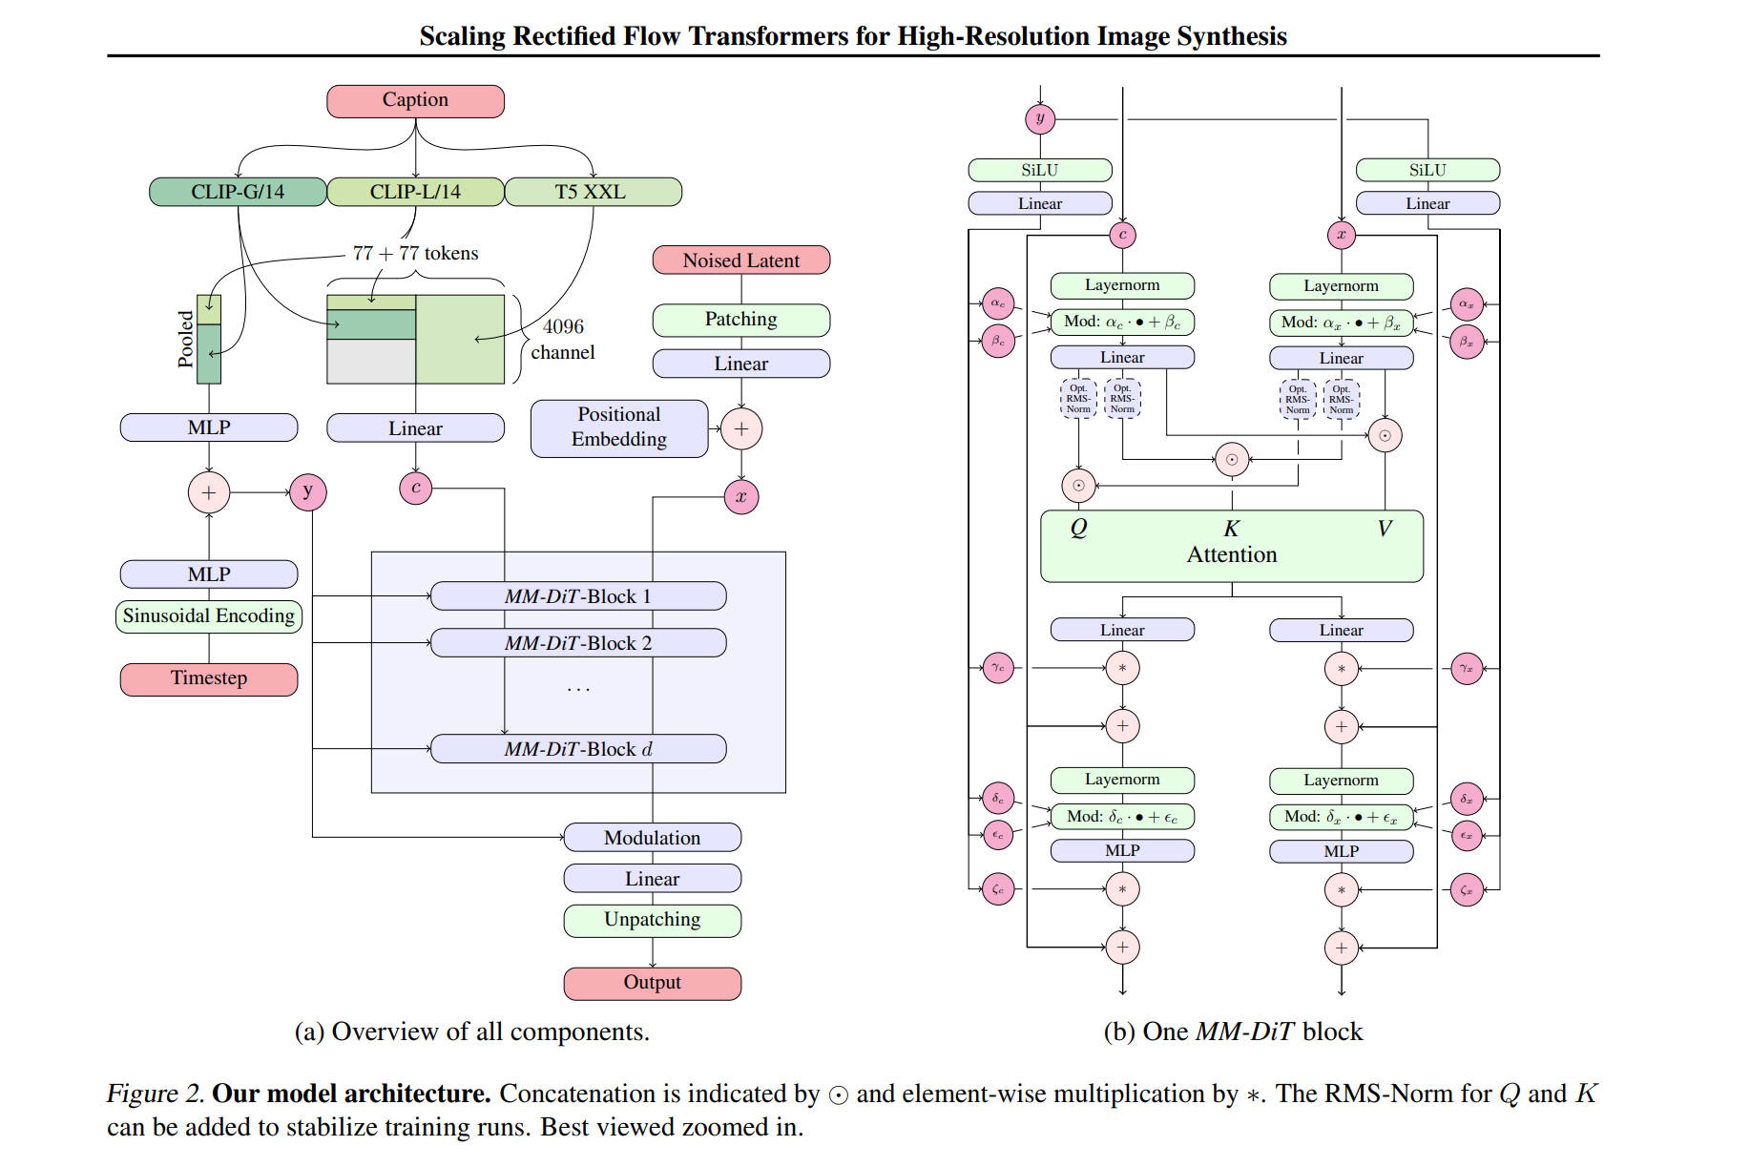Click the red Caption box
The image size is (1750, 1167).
pos(415,101)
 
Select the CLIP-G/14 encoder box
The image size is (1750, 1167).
pos(238,192)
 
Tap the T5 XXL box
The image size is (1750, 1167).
pos(592,192)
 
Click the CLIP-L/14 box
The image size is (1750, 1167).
pos(415,192)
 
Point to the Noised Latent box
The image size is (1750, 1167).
pos(740,260)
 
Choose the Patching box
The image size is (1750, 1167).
pos(740,320)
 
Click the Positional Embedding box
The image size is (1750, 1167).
pos(618,427)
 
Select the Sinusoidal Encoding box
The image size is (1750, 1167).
pos(209,616)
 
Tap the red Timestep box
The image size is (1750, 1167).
pos(209,678)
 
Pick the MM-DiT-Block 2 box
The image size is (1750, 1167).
pos(578,643)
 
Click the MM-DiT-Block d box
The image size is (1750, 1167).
pos(578,749)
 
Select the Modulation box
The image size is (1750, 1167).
pos(652,838)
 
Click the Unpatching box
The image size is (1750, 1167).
pos(652,920)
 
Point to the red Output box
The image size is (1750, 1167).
pos(652,983)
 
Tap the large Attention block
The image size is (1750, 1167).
pos(1231,554)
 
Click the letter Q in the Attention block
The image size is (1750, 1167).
pos(1078,528)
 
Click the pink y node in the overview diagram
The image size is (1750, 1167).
pos(307,492)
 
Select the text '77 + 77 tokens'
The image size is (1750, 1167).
pos(415,254)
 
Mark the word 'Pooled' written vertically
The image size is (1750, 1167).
pos(186,339)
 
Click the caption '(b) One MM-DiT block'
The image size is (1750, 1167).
pos(1233,1032)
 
